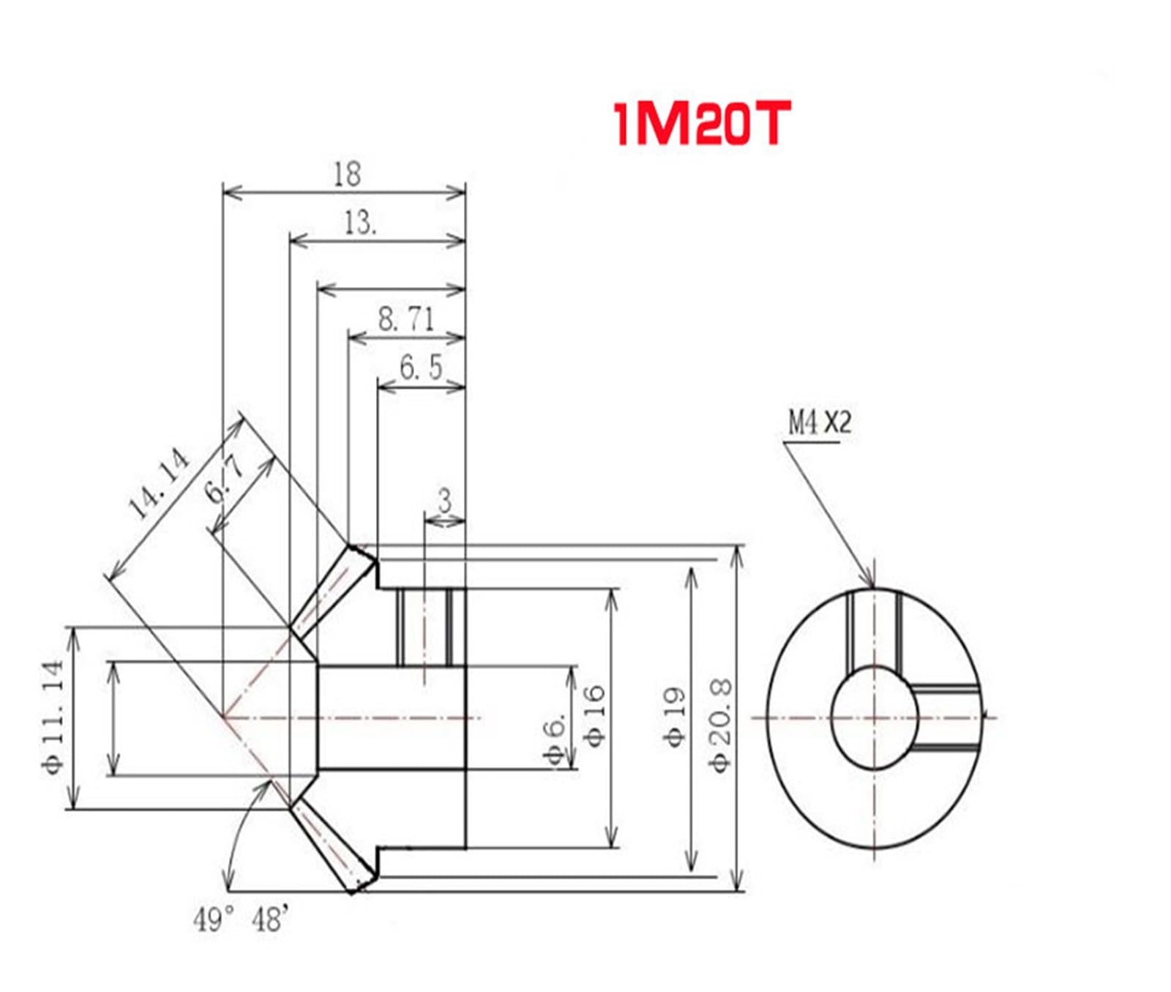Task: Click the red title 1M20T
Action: (701, 124)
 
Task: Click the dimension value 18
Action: (347, 174)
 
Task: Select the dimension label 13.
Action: (359, 223)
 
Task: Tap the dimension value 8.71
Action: (406, 319)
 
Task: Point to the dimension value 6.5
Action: (422, 368)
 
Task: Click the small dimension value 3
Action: (444, 502)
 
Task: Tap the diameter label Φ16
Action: (595, 715)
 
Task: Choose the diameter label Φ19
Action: (676, 717)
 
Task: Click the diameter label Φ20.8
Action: (721, 725)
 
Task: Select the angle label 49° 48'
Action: (241, 920)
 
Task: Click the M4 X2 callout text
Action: (819, 422)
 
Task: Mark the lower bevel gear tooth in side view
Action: (334, 846)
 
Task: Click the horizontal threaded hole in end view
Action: (946, 717)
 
